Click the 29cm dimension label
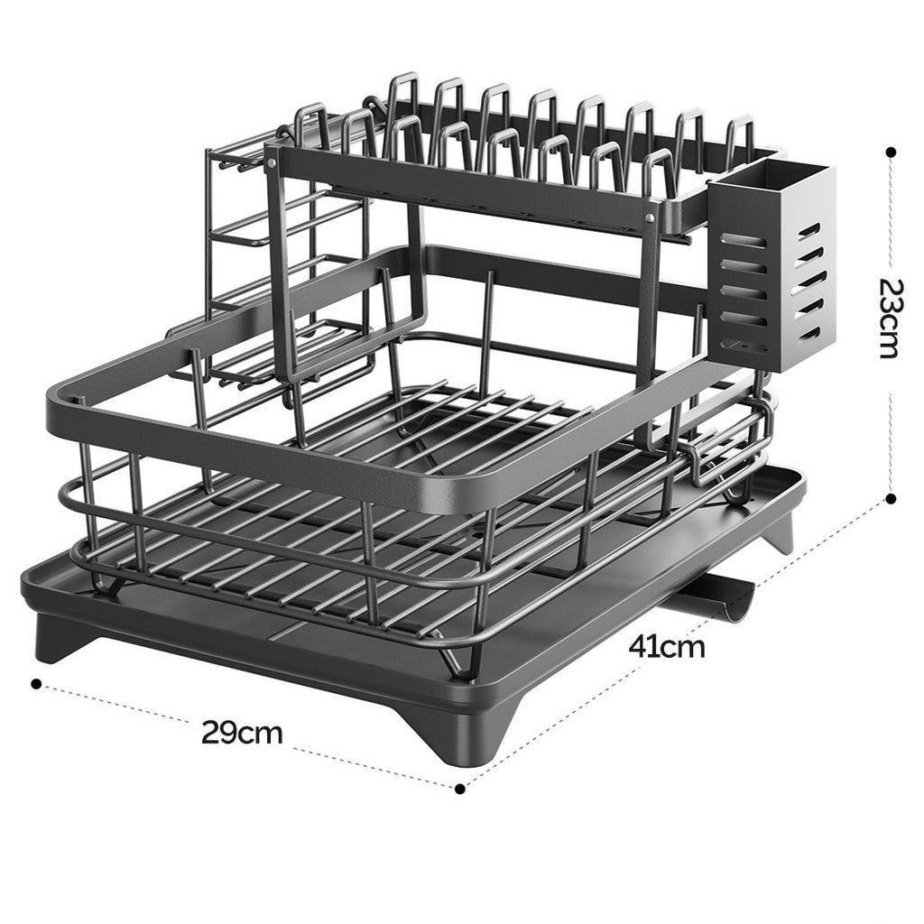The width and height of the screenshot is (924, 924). pos(242,732)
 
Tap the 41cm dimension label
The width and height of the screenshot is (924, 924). pos(667,646)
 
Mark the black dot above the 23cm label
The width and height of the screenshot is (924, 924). pos(891,152)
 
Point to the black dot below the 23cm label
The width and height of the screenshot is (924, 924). pos(891,498)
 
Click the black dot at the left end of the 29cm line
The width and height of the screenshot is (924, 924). pos(36,684)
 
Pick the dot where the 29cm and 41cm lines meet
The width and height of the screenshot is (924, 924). pos(460,788)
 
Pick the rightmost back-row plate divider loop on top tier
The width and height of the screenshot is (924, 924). pos(740,131)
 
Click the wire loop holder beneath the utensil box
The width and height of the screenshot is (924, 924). pos(726,451)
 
